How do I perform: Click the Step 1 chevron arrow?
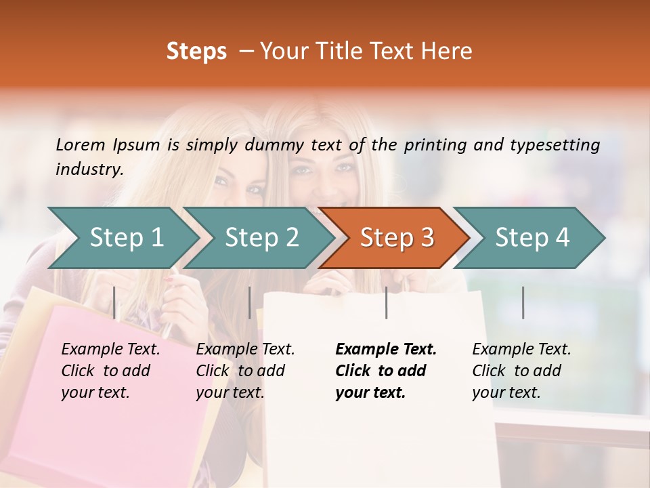(126, 238)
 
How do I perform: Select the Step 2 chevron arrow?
(261, 238)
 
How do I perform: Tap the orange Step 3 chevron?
(396, 238)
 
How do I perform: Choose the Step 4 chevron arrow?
(532, 238)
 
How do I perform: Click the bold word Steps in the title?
(196, 51)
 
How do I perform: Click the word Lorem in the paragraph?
(80, 144)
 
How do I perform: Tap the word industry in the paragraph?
(89, 169)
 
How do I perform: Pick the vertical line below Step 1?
(114, 302)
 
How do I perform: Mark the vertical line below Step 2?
(250, 302)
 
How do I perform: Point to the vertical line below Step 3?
(386, 302)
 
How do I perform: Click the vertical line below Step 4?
(523, 302)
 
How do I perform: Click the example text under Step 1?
(110, 371)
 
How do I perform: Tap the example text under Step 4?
(521, 371)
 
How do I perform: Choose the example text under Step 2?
(245, 371)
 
